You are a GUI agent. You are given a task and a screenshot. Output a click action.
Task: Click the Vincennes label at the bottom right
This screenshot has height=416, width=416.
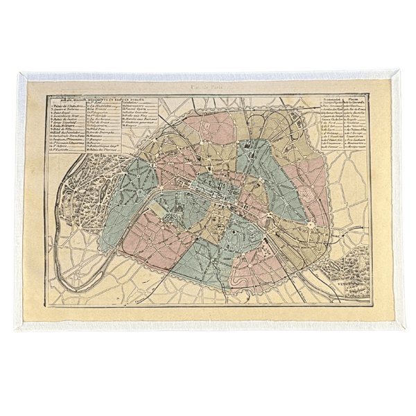[358, 284]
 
